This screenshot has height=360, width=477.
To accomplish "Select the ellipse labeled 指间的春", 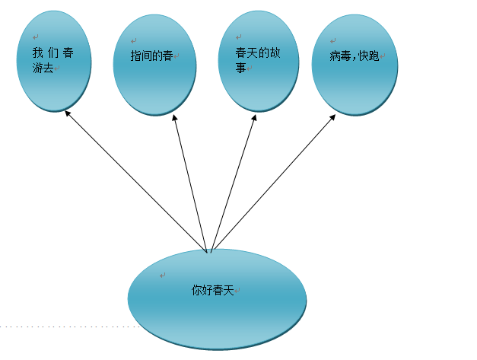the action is click(x=154, y=84).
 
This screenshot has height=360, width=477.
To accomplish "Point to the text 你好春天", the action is click(x=213, y=290).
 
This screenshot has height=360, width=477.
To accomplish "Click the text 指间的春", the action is click(x=152, y=56).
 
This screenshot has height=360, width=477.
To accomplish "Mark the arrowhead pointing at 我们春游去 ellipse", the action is click(x=68, y=113).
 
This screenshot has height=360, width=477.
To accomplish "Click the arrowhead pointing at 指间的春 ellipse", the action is click(x=175, y=117).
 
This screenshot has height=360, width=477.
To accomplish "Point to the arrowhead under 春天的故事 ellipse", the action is click(x=255, y=117).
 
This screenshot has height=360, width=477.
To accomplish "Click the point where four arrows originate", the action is click(x=209, y=250).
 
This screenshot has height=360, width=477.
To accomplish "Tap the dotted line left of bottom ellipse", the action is click(x=68, y=327).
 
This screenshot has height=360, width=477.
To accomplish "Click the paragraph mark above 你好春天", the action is click(x=162, y=276).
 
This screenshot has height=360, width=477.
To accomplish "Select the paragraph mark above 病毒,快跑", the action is click(x=332, y=40).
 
